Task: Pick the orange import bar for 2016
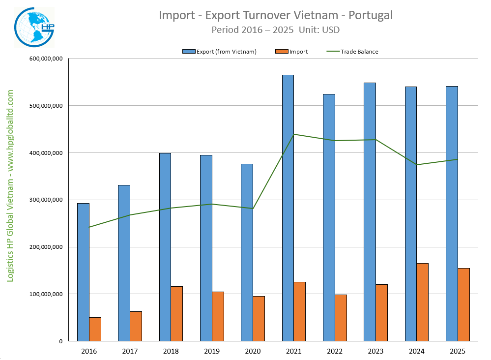point(95,329)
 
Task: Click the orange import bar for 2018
point(177,313)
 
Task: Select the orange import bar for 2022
point(341,318)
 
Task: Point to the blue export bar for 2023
point(370,211)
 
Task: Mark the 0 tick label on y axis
point(60,341)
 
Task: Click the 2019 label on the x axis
point(212,351)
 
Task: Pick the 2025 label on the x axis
point(457,351)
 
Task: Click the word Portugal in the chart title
point(370,15)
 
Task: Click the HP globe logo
point(34,28)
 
